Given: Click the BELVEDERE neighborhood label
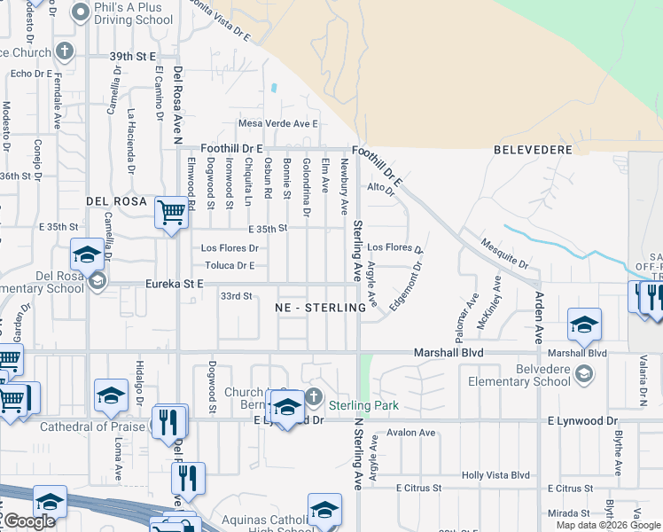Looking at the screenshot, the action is pyautogui.click(x=533, y=150).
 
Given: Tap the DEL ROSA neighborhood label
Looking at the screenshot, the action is pyautogui.click(x=116, y=201).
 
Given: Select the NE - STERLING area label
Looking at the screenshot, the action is pyautogui.click(x=320, y=308).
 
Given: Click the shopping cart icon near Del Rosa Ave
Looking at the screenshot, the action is pyautogui.click(x=170, y=212).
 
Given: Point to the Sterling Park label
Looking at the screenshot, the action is pyautogui.click(x=363, y=405).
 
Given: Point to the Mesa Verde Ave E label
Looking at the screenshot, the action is pyautogui.click(x=277, y=124).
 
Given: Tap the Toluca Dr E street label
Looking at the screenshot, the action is pyautogui.click(x=229, y=265).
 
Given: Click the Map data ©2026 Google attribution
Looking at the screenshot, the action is pyautogui.click(x=607, y=525).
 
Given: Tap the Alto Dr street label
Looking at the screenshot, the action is pyautogui.click(x=378, y=188).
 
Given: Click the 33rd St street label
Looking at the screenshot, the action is pyautogui.click(x=237, y=295).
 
